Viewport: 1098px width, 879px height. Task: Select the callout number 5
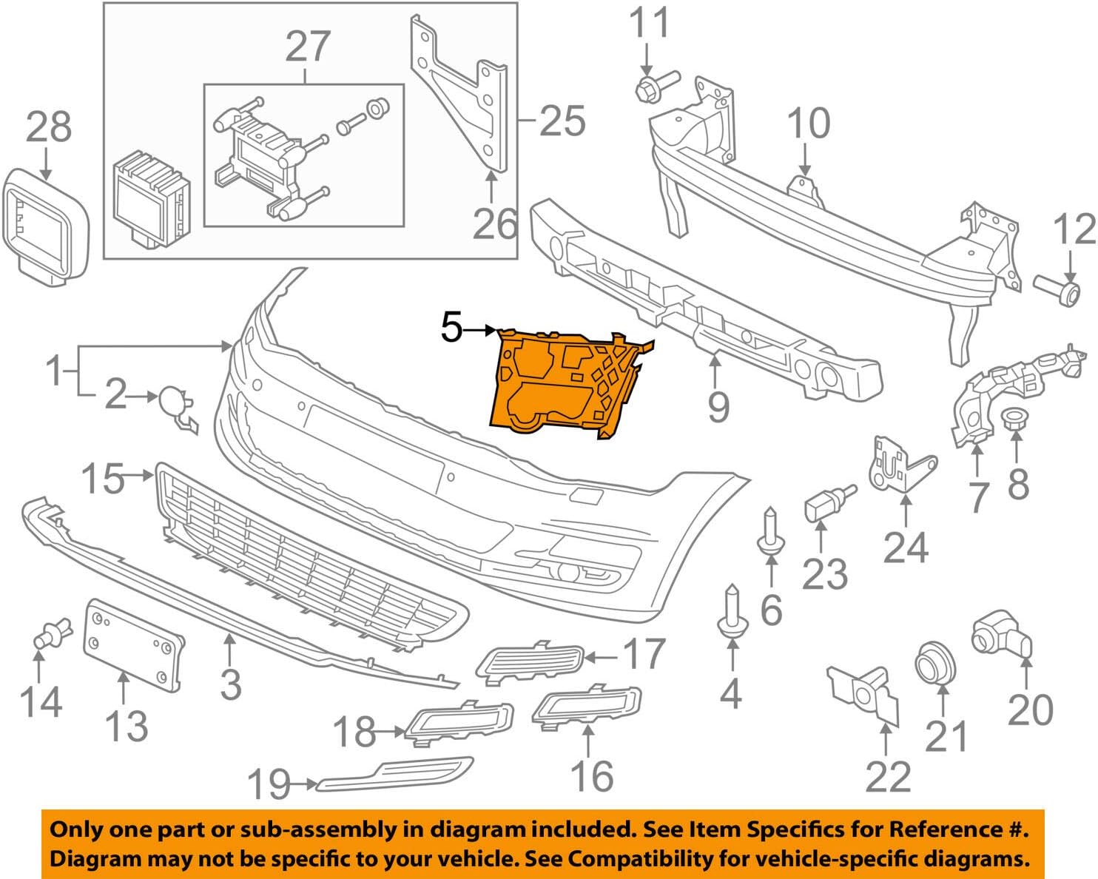click(452, 327)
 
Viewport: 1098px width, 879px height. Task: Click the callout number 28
click(49, 127)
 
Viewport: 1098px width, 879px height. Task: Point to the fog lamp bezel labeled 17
click(528, 659)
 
